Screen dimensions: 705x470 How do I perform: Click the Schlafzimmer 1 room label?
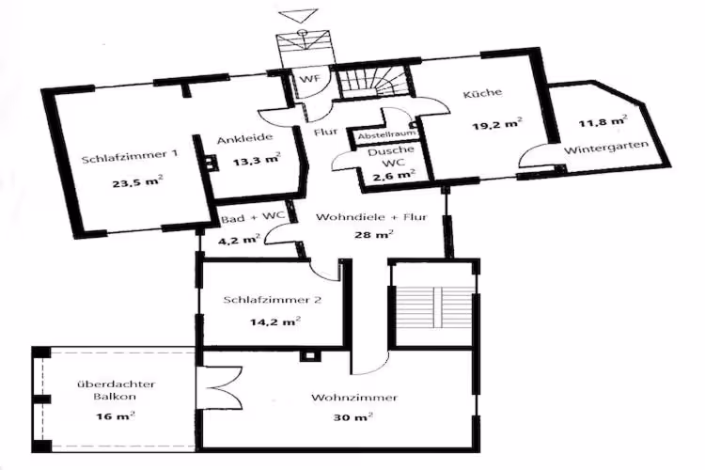(x=130, y=156)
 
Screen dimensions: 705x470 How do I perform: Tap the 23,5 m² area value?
(x=137, y=182)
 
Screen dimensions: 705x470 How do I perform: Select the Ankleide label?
(x=245, y=138)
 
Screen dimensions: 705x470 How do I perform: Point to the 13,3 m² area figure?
(x=257, y=160)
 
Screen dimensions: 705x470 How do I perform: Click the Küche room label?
(x=482, y=93)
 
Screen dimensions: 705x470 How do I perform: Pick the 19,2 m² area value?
(x=497, y=123)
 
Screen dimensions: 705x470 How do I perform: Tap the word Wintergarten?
(x=606, y=147)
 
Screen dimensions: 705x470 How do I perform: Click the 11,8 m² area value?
(x=603, y=120)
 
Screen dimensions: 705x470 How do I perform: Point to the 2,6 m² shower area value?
(x=394, y=175)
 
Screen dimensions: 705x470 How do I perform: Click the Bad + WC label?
(x=253, y=217)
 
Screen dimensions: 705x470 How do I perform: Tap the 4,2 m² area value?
(x=239, y=239)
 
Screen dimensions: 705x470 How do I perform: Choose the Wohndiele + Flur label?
(x=371, y=217)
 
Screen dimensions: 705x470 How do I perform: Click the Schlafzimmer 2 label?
(x=273, y=300)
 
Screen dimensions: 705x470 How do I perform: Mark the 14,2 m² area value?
(x=275, y=321)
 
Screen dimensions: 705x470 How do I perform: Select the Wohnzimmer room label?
(x=354, y=398)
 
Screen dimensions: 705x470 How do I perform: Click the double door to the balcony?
(x=220, y=388)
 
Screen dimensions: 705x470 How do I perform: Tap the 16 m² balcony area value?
(x=116, y=415)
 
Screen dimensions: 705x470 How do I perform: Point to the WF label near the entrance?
(x=311, y=79)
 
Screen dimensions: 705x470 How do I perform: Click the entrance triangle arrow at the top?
(x=299, y=16)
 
